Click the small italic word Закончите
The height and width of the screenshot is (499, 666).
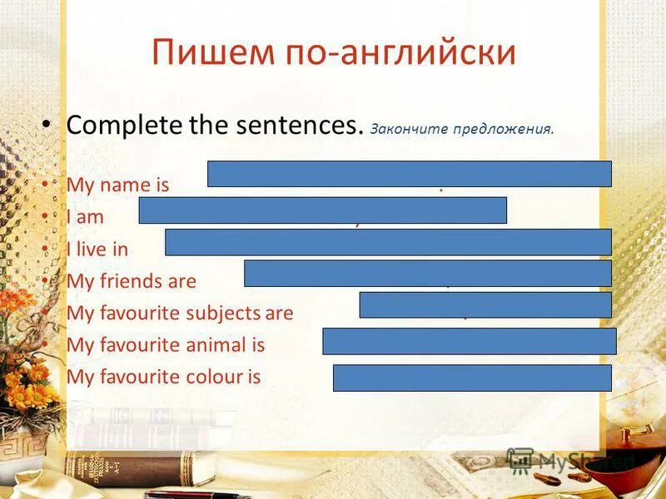coord(405,129)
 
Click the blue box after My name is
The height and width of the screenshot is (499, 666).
coord(409,174)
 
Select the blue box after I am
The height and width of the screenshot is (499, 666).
coord(322,210)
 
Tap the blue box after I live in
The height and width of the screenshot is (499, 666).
coord(388,242)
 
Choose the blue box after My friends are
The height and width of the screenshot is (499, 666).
coord(427,273)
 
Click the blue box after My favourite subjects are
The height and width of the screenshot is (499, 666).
coord(485,304)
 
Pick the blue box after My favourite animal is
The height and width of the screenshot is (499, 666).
coord(469,341)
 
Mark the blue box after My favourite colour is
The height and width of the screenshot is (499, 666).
coord(472,378)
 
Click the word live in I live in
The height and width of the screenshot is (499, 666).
coord(92,249)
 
